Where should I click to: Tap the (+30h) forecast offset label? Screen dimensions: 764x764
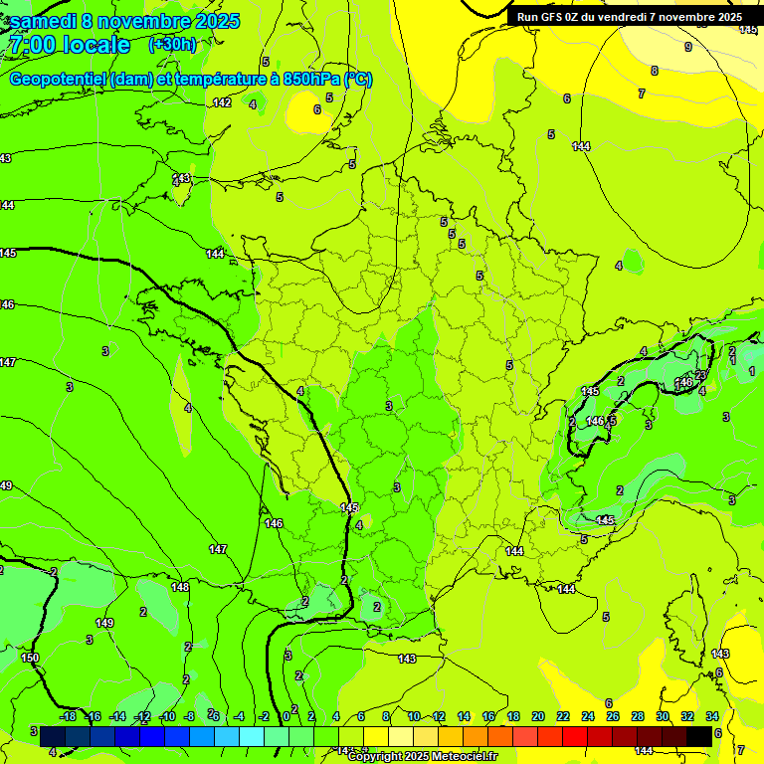pyautogui.click(x=172, y=45)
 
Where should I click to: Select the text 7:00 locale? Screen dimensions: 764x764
pyautogui.click(x=70, y=46)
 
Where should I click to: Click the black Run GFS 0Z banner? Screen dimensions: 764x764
pyautogui.click(x=629, y=17)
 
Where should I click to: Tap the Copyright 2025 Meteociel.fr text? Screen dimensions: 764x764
pyautogui.click(x=423, y=757)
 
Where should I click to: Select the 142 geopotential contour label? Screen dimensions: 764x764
pyautogui.click(x=222, y=102)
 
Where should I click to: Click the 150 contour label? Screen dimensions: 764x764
pyautogui.click(x=30, y=658)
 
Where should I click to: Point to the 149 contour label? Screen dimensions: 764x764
pyautogui.click(x=104, y=623)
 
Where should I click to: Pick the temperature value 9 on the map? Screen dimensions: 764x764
pyautogui.click(x=687, y=47)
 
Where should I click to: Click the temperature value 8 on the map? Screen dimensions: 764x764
pyautogui.click(x=654, y=71)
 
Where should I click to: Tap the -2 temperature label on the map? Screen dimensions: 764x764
pyautogui.click(x=53, y=572)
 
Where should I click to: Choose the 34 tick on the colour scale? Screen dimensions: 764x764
pyautogui.click(x=711, y=716)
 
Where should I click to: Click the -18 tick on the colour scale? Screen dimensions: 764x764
pyautogui.click(x=68, y=716)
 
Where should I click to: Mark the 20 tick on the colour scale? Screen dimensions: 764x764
pyautogui.click(x=538, y=716)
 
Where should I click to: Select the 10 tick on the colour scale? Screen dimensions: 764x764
pyautogui.click(x=414, y=716)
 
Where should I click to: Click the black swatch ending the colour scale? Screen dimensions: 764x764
pyautogui.click(x=699, y=735)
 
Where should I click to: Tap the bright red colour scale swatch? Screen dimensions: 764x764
pyautogui.click(x=575, y=735)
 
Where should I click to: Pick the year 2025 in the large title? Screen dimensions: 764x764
pyautogui.click(x=210, y=22)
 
